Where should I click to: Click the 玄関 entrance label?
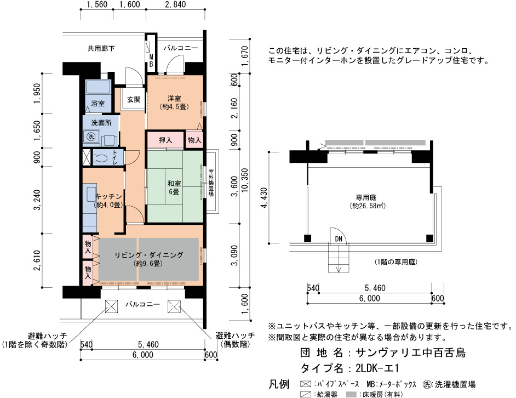(x=134, y=99)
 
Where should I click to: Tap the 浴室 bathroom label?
(x=98, y=103)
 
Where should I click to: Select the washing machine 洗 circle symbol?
(x=91, y=136)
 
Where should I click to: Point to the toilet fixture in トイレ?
(x=100, y=157)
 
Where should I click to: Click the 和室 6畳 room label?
(x=174, y=187)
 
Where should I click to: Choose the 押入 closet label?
(x=165, y=140)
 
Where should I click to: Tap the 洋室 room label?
(x=174, y=98)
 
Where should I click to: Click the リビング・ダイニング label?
(x=149, y=255)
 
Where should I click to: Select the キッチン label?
(x=108, y=196)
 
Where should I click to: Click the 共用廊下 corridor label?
(x=101, y=48)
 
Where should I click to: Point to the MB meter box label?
(x=151, y=61)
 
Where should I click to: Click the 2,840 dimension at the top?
(x=175, y=4)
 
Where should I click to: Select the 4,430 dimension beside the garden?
(x=264, y=198)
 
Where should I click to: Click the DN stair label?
(x=339, y=239)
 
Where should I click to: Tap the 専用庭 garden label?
(x=366, y=197)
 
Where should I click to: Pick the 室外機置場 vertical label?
(x=211, y=183)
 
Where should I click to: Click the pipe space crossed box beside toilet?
(x=86, y=157)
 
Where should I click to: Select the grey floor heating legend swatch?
(x=352, y=394)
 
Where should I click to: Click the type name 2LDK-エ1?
(x=377, y=368)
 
